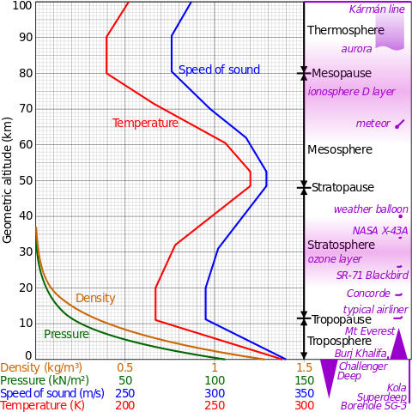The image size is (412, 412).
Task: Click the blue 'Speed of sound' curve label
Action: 219,70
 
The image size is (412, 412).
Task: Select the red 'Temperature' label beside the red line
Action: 145,123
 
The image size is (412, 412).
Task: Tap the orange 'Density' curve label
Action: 95,298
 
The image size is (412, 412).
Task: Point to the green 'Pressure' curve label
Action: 67,334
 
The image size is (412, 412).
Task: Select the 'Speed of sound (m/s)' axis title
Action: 52,393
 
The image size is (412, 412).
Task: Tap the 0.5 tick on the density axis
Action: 125,367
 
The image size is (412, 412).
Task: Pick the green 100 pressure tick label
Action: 215,380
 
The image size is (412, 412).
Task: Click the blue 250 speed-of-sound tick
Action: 125,393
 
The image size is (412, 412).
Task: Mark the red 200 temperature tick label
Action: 125,405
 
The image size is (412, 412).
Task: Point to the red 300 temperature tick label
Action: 304,405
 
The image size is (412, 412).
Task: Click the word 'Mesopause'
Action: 341,74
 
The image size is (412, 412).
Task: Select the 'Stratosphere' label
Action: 341,245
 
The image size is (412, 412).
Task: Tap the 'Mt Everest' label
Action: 369,330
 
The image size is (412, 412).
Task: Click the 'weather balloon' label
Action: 371,209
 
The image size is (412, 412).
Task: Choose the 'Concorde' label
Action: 368,294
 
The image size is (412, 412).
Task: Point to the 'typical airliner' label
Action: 375,310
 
